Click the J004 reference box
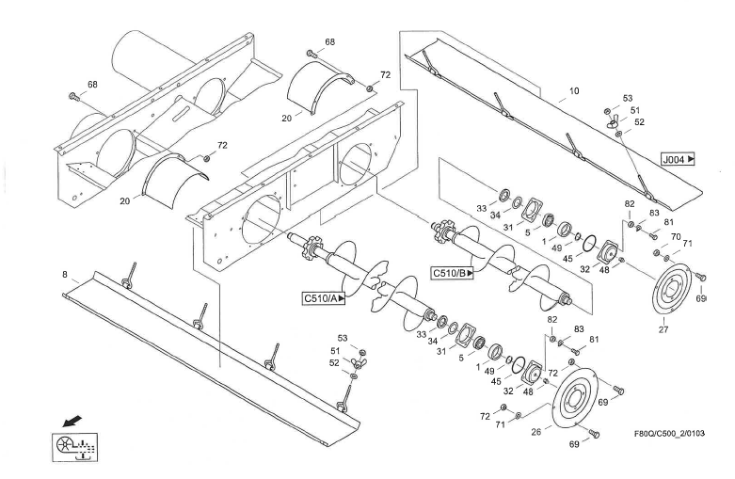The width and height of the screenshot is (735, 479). pyautogui.click(x=678, y=160)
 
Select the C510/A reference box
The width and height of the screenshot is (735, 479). pyautogui.click(x=323, y=299)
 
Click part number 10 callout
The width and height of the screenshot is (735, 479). pyautogui.click(x=574, y=93)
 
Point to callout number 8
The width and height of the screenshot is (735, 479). pyautogui.click(x=64, y=275)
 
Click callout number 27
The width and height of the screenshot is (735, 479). pyautogui.click(x=663, y=329)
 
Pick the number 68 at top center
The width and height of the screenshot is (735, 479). pyautogui.click(x=329, y=42)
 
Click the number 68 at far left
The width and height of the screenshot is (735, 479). pyautogui.click(x=92, y=85)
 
